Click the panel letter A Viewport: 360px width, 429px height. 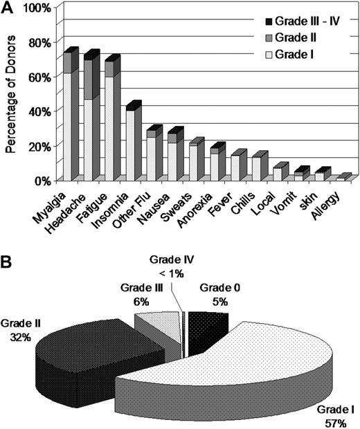(x=8, y=8)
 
